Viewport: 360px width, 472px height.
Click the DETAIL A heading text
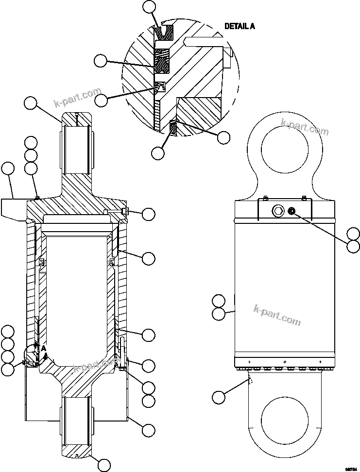(239, 26)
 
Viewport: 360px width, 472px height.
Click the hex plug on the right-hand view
(279, 210)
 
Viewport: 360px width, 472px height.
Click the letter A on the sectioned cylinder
(44, 348)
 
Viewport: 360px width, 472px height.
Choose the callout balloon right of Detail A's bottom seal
(223, 137)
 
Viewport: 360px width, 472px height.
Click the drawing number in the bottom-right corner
(350, 468)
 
